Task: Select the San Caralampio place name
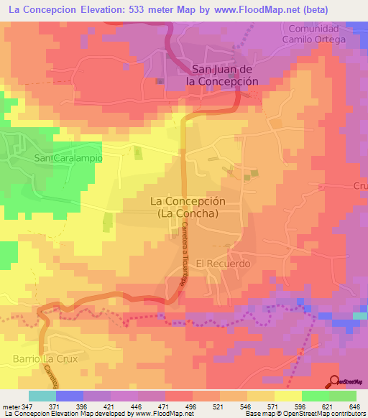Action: [68, 157]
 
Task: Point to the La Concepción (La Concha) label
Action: [183, 208]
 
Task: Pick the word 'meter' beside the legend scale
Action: [11, 407]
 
